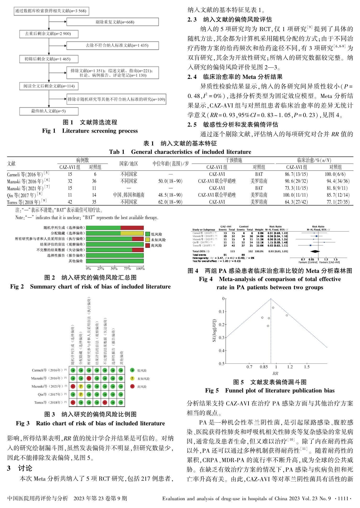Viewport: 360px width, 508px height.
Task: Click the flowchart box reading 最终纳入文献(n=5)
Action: pos(49,111)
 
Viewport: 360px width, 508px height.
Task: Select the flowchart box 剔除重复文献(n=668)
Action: pos(113,22)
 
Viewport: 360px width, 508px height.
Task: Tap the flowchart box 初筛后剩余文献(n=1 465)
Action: pos(49,59)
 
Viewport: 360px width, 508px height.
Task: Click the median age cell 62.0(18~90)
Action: pos(170,202)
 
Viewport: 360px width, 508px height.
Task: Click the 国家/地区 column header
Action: pos(129,164)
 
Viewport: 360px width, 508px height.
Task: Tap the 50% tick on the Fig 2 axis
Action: pos(114,268)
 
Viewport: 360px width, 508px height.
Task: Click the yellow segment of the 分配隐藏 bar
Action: pos(132,233)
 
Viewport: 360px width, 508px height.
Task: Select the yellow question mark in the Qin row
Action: pos(81,394)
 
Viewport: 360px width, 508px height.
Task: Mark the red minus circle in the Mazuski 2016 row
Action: pos(89,378)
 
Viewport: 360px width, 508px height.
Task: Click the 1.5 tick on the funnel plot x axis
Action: pos(307,367)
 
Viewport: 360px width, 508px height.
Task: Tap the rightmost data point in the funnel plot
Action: pos(287,315)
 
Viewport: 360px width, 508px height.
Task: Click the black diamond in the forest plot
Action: pos(313,251)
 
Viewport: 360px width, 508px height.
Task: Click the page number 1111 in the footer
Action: pos(343,498)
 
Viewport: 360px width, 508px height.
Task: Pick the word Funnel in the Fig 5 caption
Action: pos(235,390)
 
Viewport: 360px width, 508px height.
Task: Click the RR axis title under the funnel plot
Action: pos(275,373)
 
